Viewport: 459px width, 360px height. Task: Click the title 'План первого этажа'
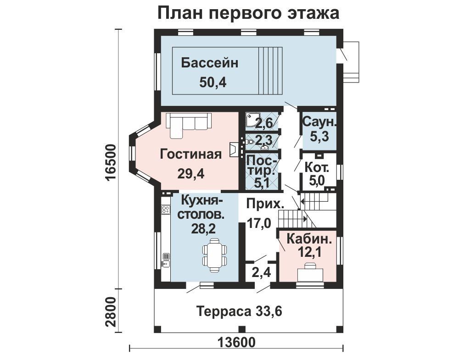(x=248, y=13)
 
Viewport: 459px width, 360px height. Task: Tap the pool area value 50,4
(x=213, y=83)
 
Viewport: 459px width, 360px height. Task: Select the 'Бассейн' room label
(x=210, y=63)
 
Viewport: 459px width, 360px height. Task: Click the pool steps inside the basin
(x=270, y=71)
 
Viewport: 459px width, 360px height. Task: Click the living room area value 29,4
(x=190, y=174)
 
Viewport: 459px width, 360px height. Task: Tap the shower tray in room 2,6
(x=251, y=120)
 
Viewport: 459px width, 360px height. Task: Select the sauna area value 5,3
(x=319, y=136)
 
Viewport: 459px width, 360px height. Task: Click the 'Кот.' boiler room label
(x=317, y=168)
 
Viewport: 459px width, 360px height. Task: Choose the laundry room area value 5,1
(x=262, y=183)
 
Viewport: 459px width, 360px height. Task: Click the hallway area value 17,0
(x=259, y=223)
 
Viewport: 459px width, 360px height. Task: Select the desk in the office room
(x=310, y=272)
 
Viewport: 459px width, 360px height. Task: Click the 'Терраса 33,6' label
(x=239, y=311)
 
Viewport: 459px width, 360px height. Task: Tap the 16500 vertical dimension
(x=112, y=163)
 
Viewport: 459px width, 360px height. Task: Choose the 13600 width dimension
(x=236, y=342)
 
